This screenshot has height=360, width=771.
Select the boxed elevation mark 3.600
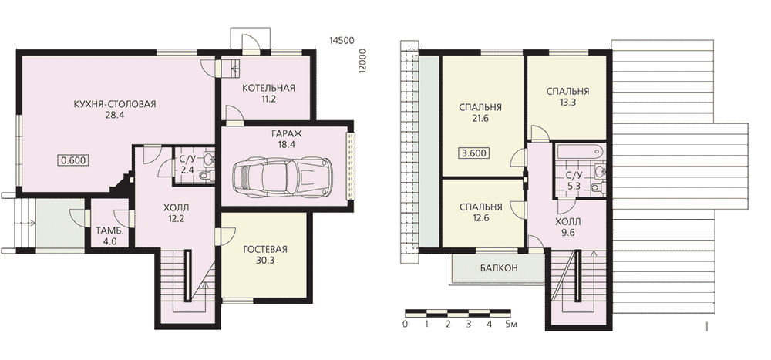[x=474, y=153]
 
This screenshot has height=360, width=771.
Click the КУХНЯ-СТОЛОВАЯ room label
[x=115, y=104]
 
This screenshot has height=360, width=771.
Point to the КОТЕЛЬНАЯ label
[x=268, y=88]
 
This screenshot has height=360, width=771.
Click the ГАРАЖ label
[x=285, y=134]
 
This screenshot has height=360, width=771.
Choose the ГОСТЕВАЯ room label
[x=265, y=249]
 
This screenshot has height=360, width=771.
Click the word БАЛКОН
[x=499, y=268]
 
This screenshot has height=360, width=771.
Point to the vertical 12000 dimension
[x=363, y=62]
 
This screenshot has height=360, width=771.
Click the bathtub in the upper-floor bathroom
[x=579, y=152]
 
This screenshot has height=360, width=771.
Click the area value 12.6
[x=480, y=217]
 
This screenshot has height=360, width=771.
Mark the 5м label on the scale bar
[x=511, y=325]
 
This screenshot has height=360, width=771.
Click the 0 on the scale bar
[x=405, y=325]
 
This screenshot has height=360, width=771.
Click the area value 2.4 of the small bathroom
[x=186, y=170]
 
